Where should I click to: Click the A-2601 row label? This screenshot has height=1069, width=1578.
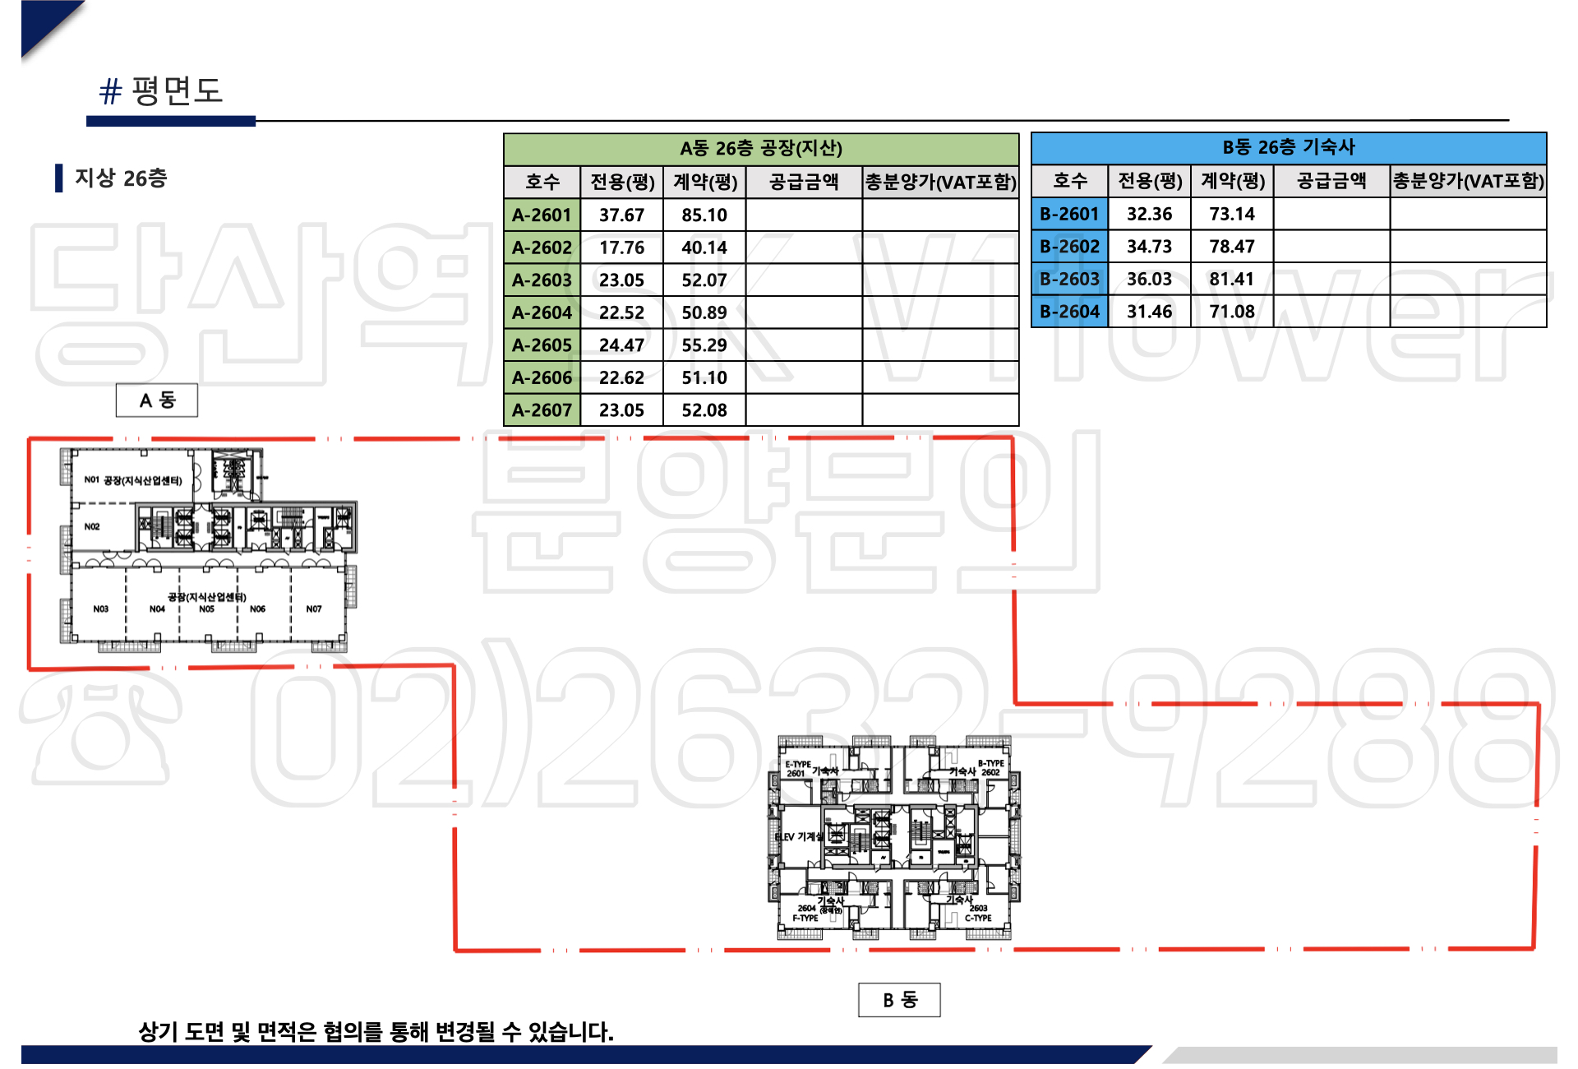[x=542, y=215]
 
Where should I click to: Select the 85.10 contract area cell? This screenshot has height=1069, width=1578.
[x=704, y=215]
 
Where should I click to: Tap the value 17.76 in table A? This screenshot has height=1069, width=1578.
[x=621, y=248]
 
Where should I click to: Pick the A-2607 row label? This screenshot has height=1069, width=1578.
[x=542, y=410]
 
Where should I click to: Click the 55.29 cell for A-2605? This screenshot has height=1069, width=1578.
[x=704, y=345]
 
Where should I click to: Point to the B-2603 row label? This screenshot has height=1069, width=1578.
[x=1069, y=280]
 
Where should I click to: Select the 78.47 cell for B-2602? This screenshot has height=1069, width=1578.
[x=1231, y=247]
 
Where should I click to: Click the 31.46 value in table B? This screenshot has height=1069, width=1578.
[x=1149, y=312]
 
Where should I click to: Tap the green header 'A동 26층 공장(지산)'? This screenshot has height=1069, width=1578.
[x=760, y=149]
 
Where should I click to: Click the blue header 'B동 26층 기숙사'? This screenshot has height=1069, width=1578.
[x=1288, y=148]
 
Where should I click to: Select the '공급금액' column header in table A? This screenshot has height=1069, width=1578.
[x=803, y=182]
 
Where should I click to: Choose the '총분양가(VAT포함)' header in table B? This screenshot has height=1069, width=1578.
[x=1468, y=181]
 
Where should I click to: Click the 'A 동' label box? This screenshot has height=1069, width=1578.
[x=157, y=400]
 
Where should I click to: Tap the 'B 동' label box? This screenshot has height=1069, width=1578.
[x=899, y=1000]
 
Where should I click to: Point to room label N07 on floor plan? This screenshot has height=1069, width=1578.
[x=314, y=609]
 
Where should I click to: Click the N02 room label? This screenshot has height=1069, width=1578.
[x=92, y=527]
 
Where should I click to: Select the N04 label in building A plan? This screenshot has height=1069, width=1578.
[x=157, y=609]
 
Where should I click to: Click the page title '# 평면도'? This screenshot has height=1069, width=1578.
[x=161, y=90]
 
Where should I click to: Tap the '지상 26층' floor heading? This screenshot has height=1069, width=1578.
[x=121, y=178]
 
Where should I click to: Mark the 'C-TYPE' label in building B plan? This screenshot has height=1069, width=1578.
[x=978, y=919]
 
